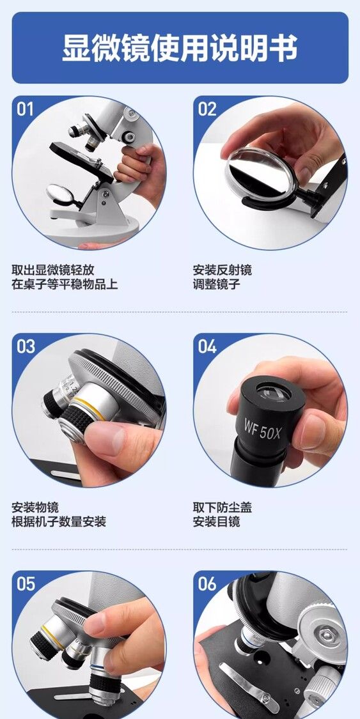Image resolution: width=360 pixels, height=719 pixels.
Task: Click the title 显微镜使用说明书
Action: coord(180,47)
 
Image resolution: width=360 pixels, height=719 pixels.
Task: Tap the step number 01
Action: coord(25,109)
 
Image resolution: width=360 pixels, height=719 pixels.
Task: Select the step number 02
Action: coord(207,109)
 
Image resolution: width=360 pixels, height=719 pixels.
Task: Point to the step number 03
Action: coord(26,346)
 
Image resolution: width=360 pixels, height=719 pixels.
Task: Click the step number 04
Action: coord(207,346)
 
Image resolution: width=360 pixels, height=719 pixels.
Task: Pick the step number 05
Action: coord(26,584)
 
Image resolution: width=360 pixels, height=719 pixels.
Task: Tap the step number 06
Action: coord(207,584)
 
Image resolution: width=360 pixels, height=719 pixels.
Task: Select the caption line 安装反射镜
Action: coord(223,270)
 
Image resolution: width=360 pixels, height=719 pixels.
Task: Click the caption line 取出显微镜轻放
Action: coord(52,270)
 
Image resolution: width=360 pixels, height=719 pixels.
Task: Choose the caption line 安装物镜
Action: coord(35,507)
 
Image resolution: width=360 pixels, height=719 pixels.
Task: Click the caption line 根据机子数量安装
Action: coord(59,522)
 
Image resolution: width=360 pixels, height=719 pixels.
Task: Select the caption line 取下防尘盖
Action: coord(223,507)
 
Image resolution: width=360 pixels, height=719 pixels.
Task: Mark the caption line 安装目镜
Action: coord(217,522)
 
